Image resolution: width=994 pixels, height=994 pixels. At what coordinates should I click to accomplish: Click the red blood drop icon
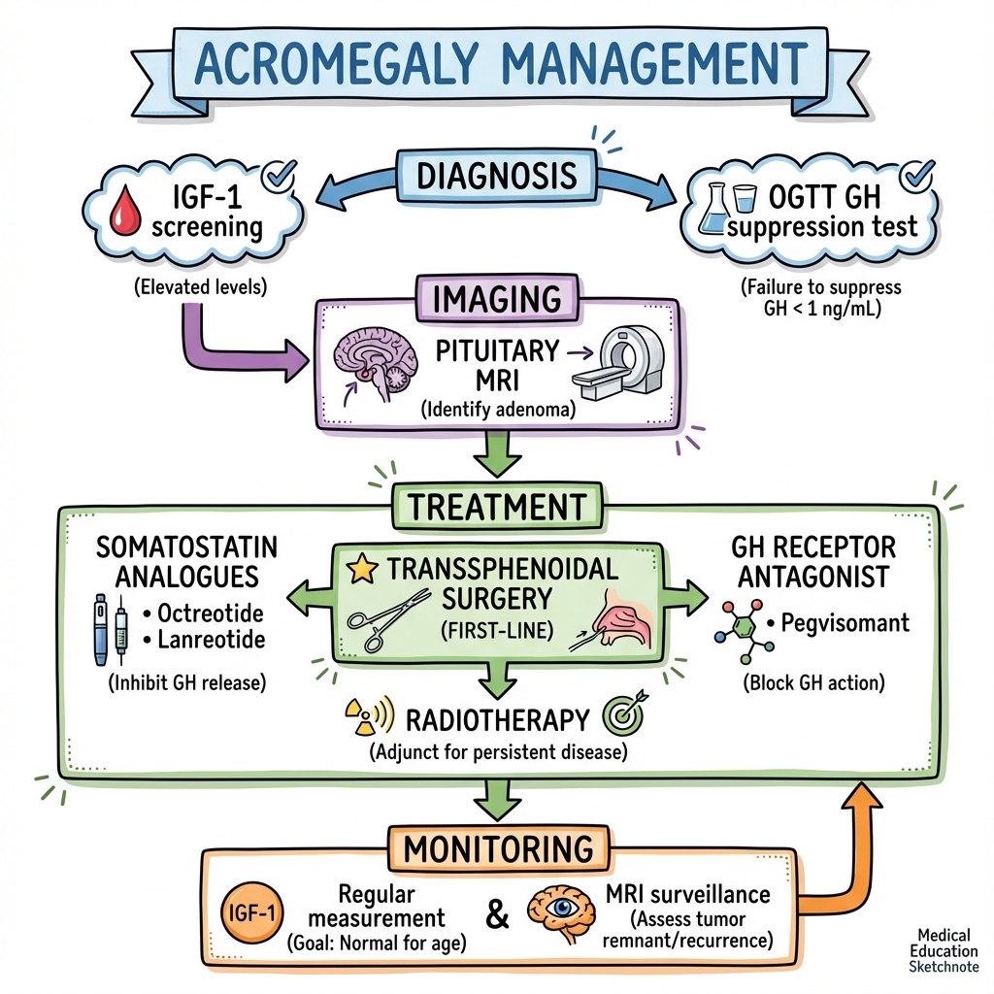(125, 210)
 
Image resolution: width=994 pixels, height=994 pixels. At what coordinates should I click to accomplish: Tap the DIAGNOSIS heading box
(496, 176)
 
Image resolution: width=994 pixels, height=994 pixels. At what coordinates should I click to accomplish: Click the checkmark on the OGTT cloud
(917, 175)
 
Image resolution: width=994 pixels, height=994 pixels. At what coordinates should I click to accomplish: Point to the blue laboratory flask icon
(712, 210)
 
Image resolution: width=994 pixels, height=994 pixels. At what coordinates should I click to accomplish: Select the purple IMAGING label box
(497, 299)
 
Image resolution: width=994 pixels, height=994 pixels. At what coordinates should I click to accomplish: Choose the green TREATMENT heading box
(497, 507)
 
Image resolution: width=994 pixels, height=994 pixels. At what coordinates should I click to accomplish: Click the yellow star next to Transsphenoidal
(363, 568)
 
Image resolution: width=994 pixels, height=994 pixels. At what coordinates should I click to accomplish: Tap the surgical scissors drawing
(387, 619)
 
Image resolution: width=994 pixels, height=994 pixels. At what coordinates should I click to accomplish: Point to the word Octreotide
(211, 613)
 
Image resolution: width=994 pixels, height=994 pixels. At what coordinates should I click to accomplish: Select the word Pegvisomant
(845, 622)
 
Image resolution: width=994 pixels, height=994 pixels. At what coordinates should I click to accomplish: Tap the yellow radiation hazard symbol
(363, 717)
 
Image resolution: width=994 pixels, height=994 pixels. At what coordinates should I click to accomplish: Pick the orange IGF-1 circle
(251, 912)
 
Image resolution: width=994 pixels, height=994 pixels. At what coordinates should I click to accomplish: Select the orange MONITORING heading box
(498, 848)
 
